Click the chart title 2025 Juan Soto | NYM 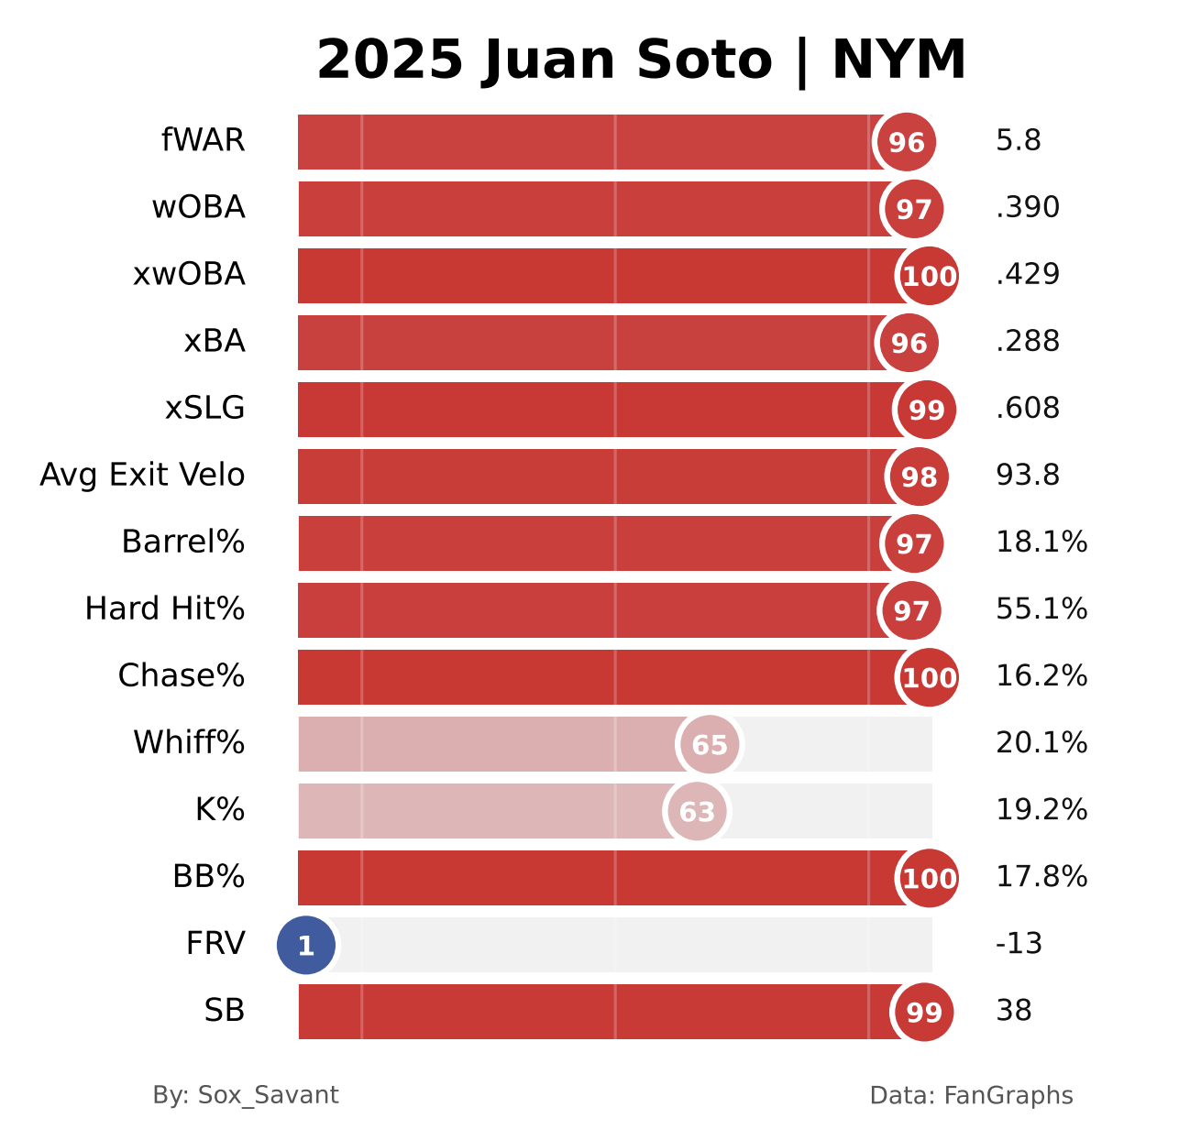641,60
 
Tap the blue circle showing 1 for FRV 306,945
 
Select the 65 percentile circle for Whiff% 710,745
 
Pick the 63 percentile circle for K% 697,812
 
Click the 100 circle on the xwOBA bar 929,276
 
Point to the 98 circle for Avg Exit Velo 919,477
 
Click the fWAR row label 203,141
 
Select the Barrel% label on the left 182,543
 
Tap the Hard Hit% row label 164,609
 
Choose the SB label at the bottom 225,1011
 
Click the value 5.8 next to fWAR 1019,141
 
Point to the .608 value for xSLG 1028,409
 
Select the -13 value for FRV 1019,944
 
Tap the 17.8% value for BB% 1041,877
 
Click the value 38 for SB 1014,1011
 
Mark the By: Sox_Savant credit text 246,1095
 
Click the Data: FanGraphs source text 971,1095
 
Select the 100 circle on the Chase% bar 929,677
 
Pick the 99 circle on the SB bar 924,1012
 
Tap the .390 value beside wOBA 1028,208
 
